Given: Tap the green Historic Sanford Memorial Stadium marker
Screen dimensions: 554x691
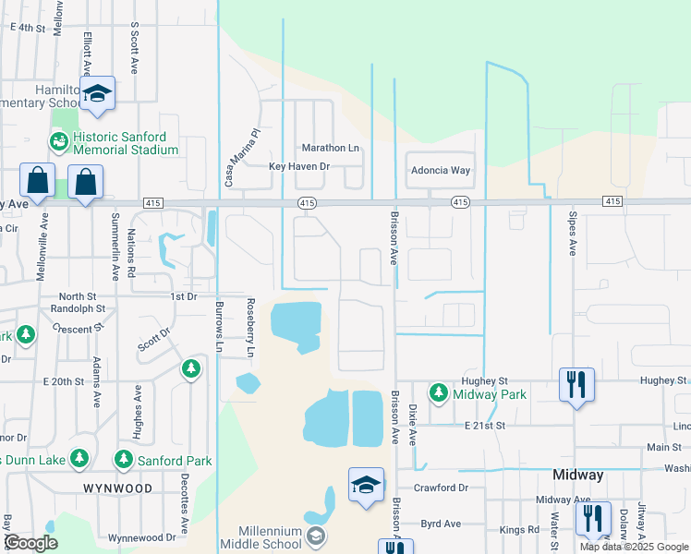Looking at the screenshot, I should (58, 141).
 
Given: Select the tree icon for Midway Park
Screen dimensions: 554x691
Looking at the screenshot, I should (440, 393).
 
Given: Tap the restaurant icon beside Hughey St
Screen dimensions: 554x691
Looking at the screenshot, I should (577, 384).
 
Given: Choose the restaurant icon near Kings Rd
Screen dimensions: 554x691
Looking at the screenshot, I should (592, 518).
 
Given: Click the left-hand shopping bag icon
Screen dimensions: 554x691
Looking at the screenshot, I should (39, 182).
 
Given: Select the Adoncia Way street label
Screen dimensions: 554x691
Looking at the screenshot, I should (440, 171).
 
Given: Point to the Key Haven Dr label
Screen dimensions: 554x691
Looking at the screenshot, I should (298, 166).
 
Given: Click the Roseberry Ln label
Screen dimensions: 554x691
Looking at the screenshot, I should (249, 328).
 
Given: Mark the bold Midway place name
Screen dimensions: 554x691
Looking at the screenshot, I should (577, 475).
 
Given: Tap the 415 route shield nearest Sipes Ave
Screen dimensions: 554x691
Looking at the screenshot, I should (611, 201).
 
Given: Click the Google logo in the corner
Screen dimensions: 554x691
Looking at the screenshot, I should (30, 543).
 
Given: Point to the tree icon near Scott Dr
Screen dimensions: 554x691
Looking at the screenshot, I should (191, 369).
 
